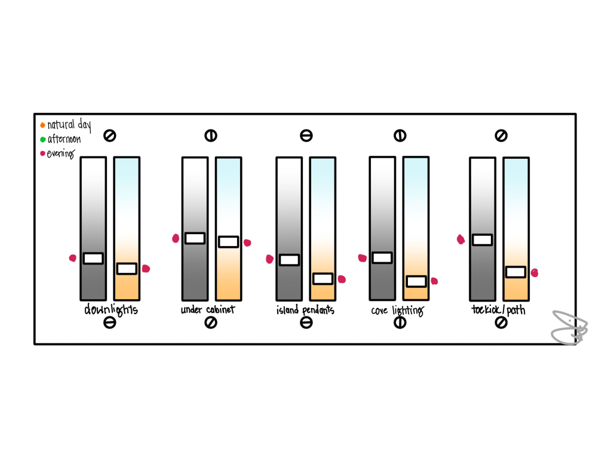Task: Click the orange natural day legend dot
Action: (x=42, y=125)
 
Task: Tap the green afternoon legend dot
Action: (x=43, y=139)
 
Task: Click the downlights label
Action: (x=111, y=310)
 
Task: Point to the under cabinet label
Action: (x=208, y=310)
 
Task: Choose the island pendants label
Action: (x=306, y=310)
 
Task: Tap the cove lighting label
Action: (x=397, y=311)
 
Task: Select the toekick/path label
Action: (x=498, y=310)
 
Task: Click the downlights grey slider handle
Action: (x=94, y=259)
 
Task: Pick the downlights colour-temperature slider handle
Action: (x=127, y=269)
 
